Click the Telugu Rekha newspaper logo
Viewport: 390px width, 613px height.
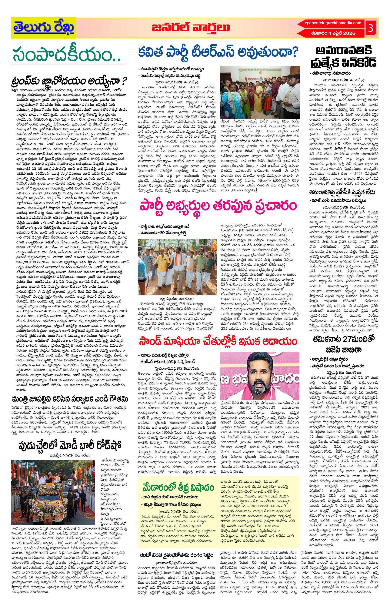tap(44, 28)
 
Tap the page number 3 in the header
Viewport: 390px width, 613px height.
tap(370, 28)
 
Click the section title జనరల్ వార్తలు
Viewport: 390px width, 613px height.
tap(191, 28)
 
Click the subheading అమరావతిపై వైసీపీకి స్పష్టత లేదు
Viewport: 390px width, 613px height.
tap(342, 193)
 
